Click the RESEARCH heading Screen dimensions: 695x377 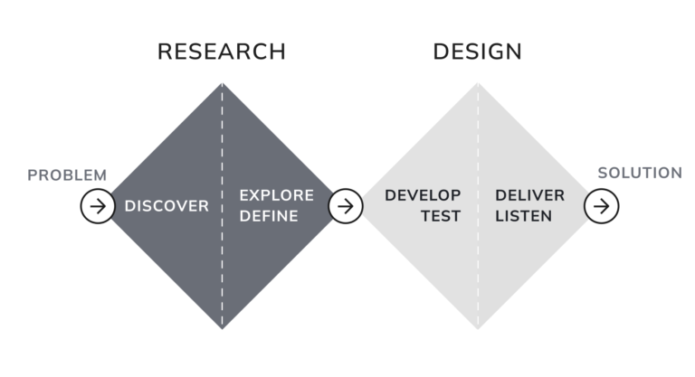click(x=222, y=52)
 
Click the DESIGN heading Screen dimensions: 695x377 click(x=478, y=52)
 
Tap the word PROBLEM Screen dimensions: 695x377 click(x=67, y=175)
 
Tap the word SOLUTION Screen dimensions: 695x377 click(x=640, y=173)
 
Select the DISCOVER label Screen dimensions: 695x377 click(x=167, y=206)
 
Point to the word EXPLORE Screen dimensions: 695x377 click(x=277, y=195)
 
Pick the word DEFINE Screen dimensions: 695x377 click(x=269, y=216)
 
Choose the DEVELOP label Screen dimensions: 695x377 click(x=423, y=195)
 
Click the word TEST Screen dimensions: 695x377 click(x=441, y=216)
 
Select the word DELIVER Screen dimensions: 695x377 click(x=530, y=195)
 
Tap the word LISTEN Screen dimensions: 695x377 click(x=523, y=216)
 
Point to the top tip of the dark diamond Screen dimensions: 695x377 click(x=222, y=83)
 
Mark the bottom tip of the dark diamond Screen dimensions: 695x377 click(x=222, y=329)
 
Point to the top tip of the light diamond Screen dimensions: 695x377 click(x=478, y=83)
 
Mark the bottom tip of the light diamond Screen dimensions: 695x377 click(x=478, y=329)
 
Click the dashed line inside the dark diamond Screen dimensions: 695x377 click(x=222, y=206)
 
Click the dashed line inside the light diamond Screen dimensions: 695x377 click(x=478, y=206)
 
